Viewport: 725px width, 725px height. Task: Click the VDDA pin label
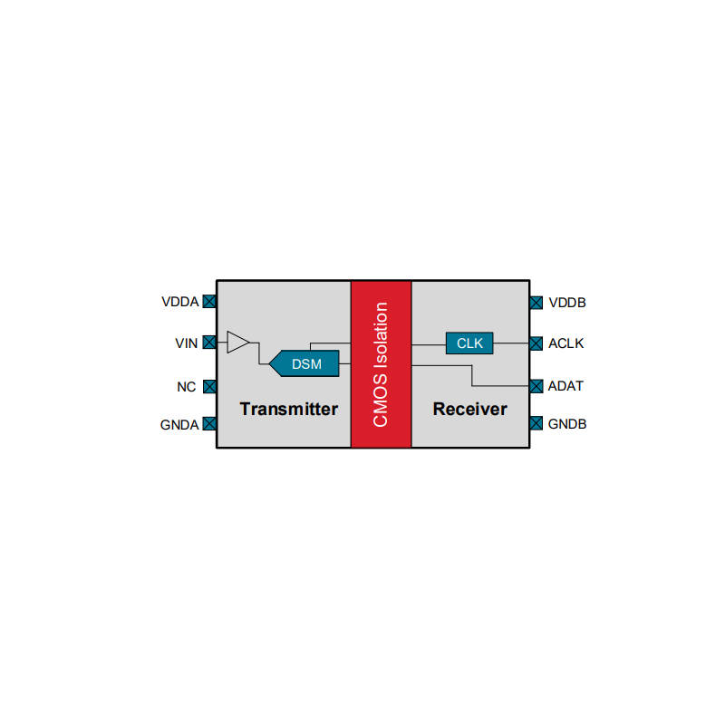(x=179, y=302)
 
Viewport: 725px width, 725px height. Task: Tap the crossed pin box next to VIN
(x=209, y=343)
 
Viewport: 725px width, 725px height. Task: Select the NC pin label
(x=187, y=387)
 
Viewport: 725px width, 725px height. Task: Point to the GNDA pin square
(x=209, y=423)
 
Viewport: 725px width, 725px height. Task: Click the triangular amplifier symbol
(x=238, y=343)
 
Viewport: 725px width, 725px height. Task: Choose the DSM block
(x=304, y=363)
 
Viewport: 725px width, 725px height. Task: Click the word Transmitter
(x=288, y=410)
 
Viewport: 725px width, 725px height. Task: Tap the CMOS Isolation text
(x=381, y=364)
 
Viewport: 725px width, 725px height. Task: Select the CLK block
(x=469, y=343)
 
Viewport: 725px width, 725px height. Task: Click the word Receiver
(x=469, y=410)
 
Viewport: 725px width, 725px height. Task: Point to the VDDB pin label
(x=567, y=303)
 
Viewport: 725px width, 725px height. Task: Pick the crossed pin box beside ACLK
(x=536, y=343)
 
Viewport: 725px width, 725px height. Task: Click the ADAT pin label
(x=565, y=386)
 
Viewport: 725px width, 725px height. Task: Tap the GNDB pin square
(x=536, y=423)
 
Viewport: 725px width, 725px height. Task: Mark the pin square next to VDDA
(x=209, y=302)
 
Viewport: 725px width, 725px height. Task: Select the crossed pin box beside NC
(x=209, y=387)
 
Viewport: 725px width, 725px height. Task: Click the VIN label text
(x=187, y=343)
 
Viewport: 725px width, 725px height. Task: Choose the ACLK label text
(x=565, y=343)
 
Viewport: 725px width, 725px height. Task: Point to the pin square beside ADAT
(x=536, y=386)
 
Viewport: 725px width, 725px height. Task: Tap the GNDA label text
(x=179, y=425)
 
